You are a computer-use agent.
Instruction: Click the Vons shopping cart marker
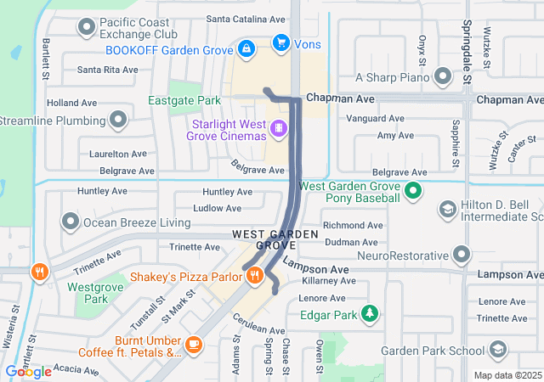(280, 42)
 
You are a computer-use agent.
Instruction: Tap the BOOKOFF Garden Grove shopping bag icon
(246, 49)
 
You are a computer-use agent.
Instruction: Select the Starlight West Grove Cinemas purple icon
(277, 129)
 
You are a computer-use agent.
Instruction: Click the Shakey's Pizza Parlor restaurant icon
(253, 275)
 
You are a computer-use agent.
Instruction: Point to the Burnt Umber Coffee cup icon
(194, 344)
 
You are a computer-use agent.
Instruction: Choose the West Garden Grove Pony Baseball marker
(412, 191)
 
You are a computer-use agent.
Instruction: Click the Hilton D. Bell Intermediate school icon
(447, 209)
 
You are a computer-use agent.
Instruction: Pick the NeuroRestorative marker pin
(462, 255)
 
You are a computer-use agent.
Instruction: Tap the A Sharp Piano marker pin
(442, 77)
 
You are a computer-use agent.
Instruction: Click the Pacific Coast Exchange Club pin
(86, 28)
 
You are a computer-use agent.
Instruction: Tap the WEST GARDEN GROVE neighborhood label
(263, 239)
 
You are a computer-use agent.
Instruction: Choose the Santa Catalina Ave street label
(246, 18)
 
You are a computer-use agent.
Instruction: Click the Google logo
(28, 371)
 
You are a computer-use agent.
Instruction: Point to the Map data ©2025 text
(507, 375)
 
